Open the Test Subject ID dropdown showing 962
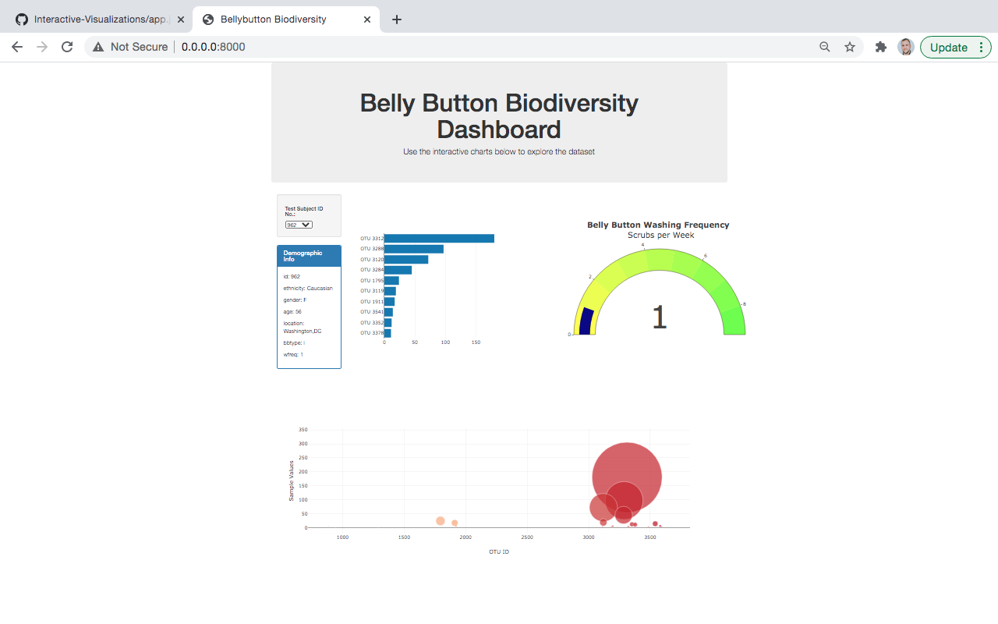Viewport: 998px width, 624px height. point(299,225)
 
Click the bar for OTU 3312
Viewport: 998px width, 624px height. point(439,239)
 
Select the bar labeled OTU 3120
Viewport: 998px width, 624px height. point(405,260)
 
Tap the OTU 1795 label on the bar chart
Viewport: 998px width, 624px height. point(371,281)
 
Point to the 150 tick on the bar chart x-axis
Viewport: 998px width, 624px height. point(476,342)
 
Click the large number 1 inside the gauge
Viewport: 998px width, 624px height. point(659,317)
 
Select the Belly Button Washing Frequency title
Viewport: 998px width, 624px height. point(658,225)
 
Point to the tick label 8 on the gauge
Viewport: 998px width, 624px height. point(744,304)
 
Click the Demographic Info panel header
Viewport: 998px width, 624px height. point(309,256)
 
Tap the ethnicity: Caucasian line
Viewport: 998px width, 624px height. point(308,289)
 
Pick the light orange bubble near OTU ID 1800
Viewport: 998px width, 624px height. point(441,521)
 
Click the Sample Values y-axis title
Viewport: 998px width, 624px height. point(292,480)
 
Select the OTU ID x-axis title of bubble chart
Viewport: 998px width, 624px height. point(499,552)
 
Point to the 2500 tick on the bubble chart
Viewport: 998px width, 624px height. point(527,537)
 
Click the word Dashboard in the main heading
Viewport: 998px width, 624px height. point(499,129)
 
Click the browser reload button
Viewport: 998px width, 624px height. point(67,47)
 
